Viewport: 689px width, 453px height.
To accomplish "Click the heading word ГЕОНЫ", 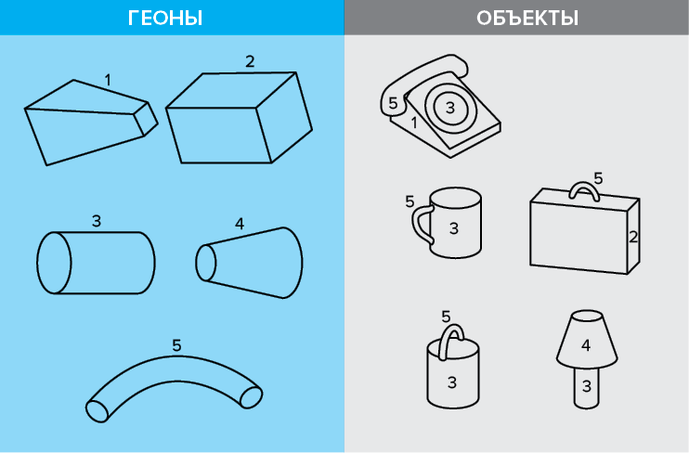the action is click(x=165, y=19).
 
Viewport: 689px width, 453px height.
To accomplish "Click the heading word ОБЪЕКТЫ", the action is click(x=527, y=19).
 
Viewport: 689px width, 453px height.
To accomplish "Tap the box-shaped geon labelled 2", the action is click(x=239, y=118).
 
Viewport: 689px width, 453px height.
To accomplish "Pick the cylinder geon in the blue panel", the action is click(x=96, y=263).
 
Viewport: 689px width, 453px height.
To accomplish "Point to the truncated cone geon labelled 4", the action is click(x=249, y=263).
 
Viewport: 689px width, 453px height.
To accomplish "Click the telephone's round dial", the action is click(x=450, y=107).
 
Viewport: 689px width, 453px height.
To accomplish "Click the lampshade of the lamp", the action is click(x=587, y=340).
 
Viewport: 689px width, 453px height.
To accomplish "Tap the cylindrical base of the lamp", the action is click(x=587, y=388).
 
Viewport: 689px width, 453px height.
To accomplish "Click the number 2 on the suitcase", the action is click(x=633, y=238).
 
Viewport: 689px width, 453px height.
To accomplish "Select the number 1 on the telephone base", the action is click(x=414, y=123).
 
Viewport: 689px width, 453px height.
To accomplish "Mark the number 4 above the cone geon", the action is click(x=240, y=224).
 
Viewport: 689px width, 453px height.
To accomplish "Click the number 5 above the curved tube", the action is click(x=176, y=346).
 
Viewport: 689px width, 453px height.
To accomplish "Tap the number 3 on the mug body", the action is click(x=454, y=228).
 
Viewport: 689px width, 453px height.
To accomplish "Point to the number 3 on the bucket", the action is click(x=452, y=382).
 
